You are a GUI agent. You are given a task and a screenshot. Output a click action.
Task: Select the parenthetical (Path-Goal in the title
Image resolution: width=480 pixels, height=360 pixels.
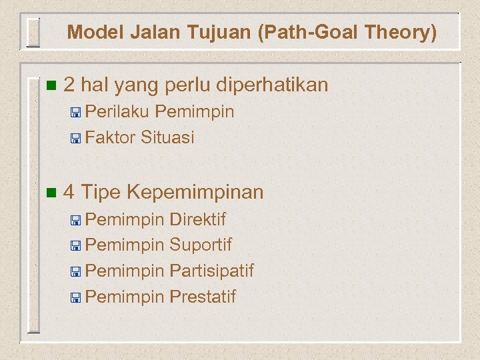point(293,32)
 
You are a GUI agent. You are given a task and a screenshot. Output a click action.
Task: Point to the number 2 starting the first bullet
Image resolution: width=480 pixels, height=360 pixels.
point(69,85)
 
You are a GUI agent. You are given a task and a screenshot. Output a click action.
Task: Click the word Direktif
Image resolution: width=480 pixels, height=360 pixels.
point(198,219)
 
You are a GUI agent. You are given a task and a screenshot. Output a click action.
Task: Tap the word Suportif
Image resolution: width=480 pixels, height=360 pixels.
point(201,245)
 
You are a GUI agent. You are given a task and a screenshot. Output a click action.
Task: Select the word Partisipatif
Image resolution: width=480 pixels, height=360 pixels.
point(211,271)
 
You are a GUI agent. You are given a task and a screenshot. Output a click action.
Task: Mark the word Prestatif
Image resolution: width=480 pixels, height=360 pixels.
point(203,297)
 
